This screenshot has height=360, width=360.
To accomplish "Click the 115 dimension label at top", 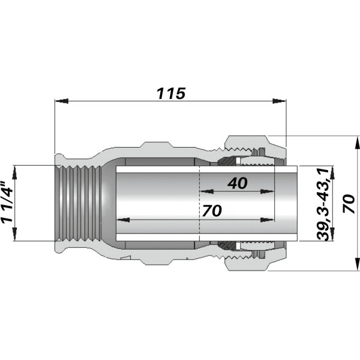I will click(x=171, y=94).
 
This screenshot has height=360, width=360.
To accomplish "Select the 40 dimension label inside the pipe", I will click(x=238, y=184).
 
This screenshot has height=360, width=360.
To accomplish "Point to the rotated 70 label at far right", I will click(x=349, y=204).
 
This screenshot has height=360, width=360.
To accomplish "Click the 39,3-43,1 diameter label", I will click(x=323, y=204).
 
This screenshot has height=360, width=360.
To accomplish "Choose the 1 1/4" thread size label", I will click(x=7, y=203).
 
